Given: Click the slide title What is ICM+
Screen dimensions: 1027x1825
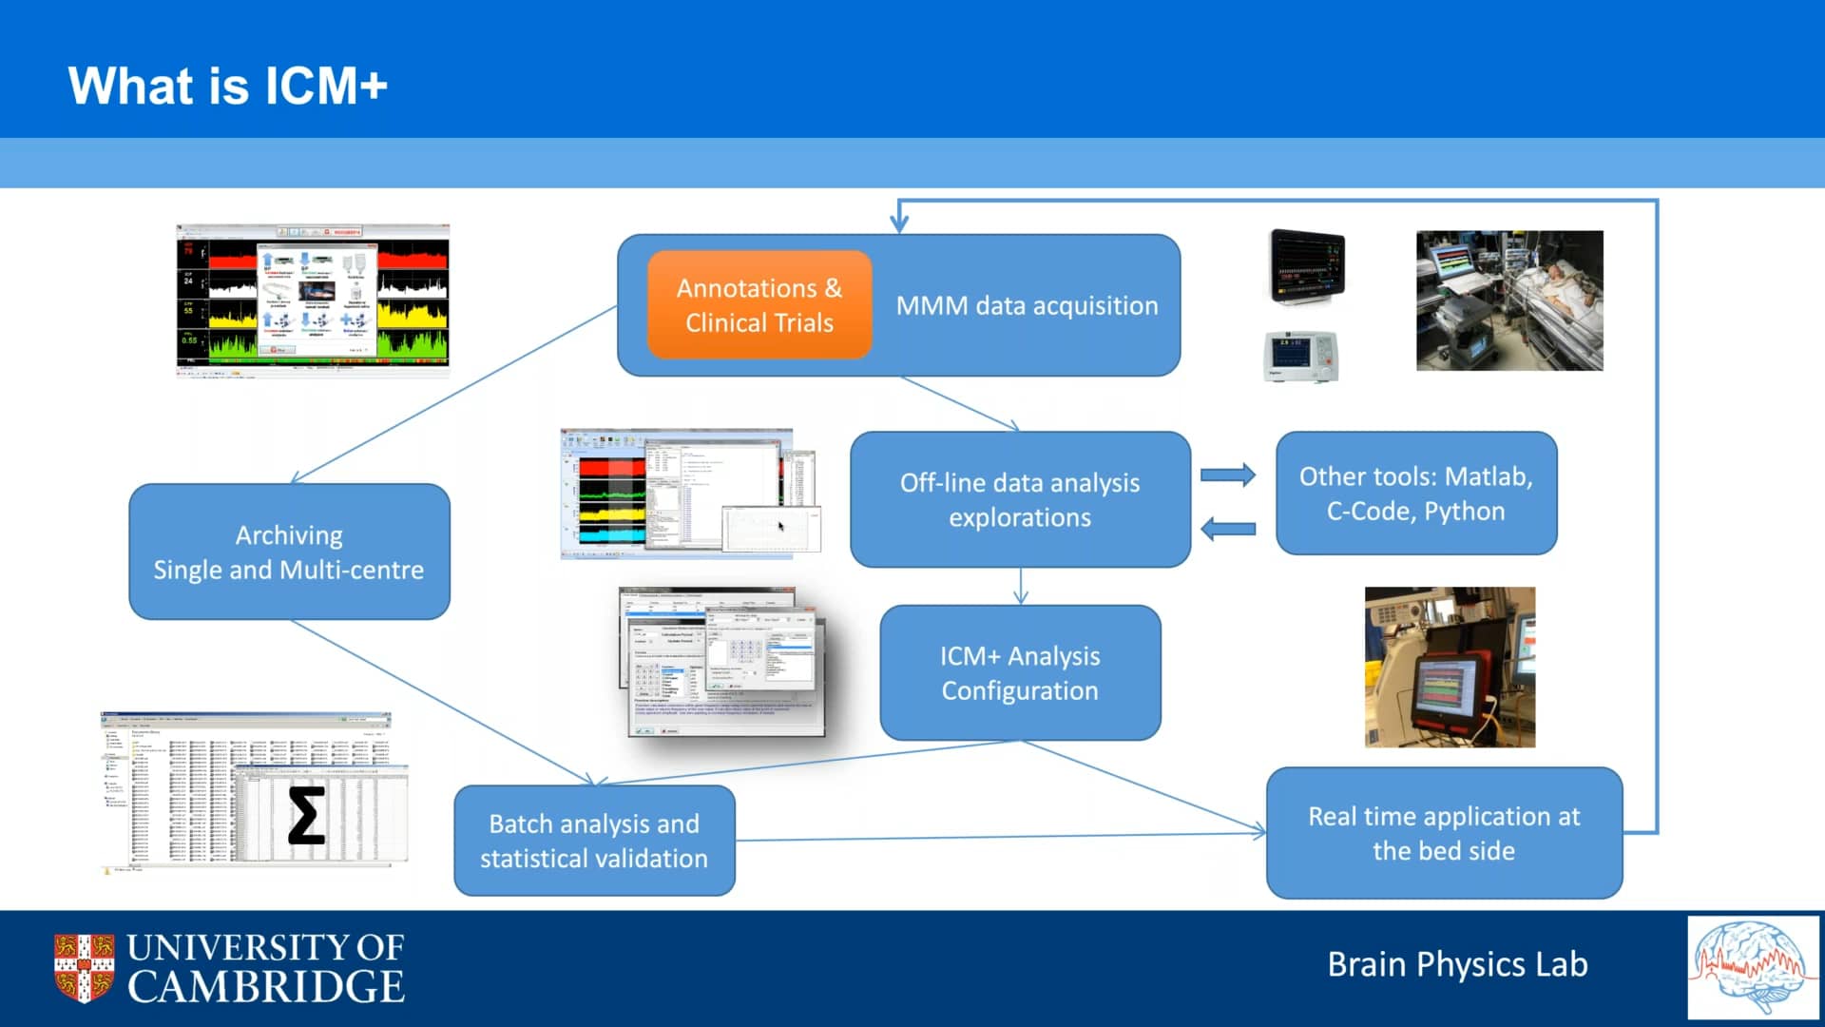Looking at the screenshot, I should (x=227, y=86).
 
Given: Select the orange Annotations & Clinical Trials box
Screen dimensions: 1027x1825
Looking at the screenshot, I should (x=759, y=305).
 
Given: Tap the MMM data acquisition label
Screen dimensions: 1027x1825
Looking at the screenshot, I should (x=1027, y=306).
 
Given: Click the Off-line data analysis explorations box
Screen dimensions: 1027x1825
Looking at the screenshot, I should (x=1020, y=500).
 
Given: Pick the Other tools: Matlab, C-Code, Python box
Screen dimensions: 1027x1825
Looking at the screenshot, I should (x=1415, y=494).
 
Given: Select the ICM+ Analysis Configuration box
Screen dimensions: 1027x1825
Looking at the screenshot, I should (x=1020, y=673).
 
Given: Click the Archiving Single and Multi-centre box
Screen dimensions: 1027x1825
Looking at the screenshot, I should (x=289, y=552).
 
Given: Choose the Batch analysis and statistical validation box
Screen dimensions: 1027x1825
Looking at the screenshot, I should (x=594, y=841).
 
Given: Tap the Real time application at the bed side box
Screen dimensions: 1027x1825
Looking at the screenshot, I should (x=1444, y=833).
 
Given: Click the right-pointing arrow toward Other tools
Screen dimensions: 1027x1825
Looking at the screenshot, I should (x=1227, y=475).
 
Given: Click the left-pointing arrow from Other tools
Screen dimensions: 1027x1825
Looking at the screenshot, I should (x=1227, y=529).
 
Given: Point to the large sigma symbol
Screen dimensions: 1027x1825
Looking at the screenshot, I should (x=306, y=816).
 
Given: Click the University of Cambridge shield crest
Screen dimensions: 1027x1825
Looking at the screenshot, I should (x=84, y=967).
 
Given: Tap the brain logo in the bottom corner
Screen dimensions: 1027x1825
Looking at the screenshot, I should (x=1753, y=966).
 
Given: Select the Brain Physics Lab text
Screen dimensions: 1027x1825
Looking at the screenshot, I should (x=1457, y=964).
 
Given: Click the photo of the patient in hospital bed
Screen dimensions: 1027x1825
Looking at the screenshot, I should (x=1509, y=300).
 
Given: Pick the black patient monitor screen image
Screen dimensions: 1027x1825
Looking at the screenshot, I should (x=1308, y=265).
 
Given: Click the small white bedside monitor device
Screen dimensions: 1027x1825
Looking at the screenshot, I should (x=1301, y=356).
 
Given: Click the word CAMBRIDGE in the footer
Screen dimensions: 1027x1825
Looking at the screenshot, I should (x=266, y=987).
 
